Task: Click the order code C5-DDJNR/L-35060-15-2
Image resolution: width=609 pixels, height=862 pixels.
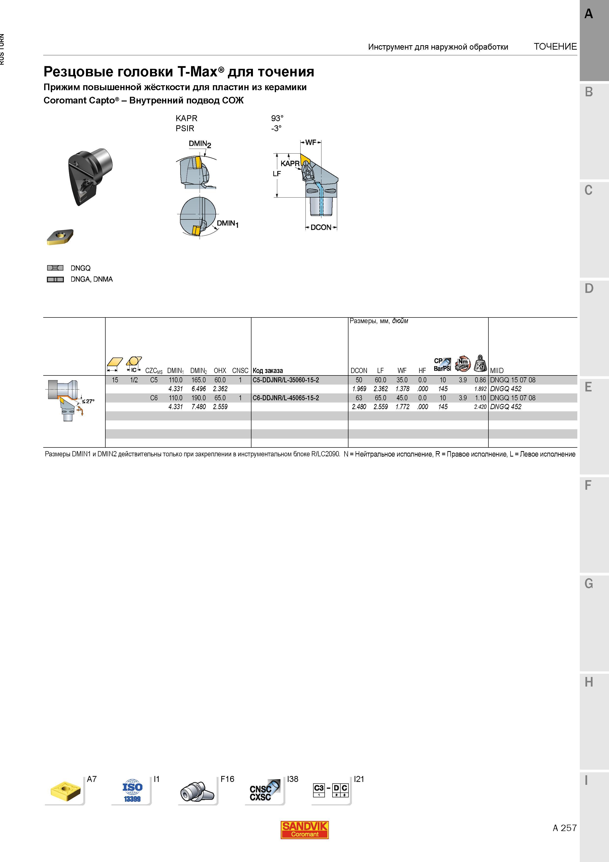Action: coord(286,380)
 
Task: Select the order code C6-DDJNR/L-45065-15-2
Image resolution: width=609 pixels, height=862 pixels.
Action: coord(286,398)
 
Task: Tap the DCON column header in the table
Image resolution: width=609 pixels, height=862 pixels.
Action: coord(359,371)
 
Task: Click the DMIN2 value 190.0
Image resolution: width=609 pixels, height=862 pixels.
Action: coord(198,398)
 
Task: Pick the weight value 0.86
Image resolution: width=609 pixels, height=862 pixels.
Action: coord(480,380)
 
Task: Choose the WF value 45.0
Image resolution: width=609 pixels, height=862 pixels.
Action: coord(402,398)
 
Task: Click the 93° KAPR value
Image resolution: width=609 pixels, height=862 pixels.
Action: coord(277,118)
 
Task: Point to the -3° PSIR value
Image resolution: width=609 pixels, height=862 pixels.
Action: coord(276,129)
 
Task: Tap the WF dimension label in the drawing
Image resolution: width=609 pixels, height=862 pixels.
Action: coord(311,142)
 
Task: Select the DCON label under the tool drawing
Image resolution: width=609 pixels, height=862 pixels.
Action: coord(321,228)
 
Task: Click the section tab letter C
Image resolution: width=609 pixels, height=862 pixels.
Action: coord(588,190)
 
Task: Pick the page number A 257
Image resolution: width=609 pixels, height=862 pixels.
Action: coord(564,828)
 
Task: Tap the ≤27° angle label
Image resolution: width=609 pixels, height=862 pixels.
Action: coord(89,401)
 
